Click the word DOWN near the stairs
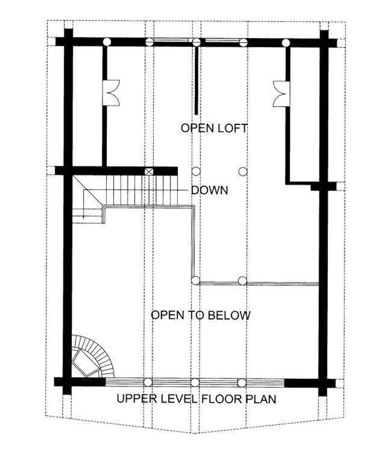click(209, 190)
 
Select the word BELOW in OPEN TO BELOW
click(229, 315)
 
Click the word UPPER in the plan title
click(137, 399)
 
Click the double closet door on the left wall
click(111, 93)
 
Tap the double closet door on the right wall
click(281, 94)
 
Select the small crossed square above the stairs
click(149, 171)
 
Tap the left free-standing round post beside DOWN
click(196, 172)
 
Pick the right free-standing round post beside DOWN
click(243, 172)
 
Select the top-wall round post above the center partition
click(196, 42)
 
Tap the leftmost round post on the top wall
click(107, 42)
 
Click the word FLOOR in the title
click(222, 399)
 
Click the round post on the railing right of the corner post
click(242, 280)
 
